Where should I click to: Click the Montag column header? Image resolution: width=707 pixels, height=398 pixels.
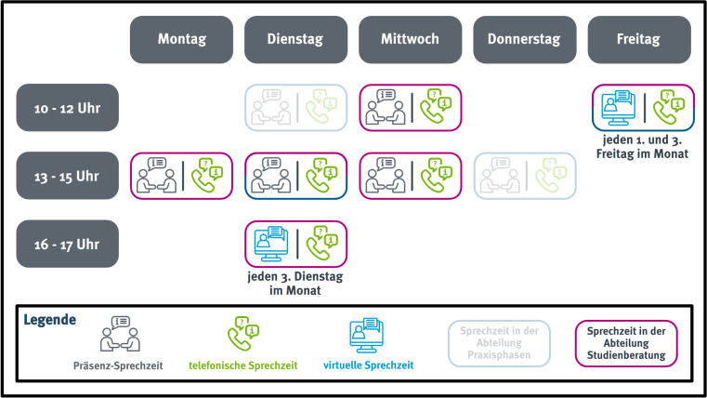[x=181, y=39]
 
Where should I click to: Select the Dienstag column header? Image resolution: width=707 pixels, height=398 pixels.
[x=295, y=39]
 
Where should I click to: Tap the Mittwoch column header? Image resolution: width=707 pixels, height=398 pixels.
[x=411, y=39]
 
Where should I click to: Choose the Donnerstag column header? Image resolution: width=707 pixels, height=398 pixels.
[x=525, y=39]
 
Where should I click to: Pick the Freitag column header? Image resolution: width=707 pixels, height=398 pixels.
[x=639, y=39]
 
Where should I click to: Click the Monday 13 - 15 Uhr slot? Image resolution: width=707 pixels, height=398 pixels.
[x=181, y=175]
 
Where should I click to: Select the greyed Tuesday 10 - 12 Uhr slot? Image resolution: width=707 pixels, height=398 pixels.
[x=295, y=107]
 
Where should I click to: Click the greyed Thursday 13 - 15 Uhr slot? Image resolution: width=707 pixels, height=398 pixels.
[x=525, y=175]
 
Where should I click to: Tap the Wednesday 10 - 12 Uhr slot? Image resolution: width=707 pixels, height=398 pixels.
[x=411, y=107]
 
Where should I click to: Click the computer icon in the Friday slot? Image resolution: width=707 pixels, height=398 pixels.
[x=617, y=107]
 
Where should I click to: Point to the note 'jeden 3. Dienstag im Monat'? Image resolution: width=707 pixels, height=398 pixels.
[x=295, y=283]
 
